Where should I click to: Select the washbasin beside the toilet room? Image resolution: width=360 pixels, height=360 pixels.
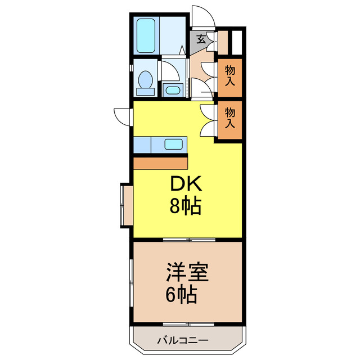(x=172, y=89)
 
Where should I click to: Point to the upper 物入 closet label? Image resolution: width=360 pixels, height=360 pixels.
(x=230, y=75)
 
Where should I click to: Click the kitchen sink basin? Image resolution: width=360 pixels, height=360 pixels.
(x=173, y=144)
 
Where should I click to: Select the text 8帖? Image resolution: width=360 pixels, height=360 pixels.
(x=185, y=207)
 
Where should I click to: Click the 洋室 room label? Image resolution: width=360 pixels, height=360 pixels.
(x=187, y=273)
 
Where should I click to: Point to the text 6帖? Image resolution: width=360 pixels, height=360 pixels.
(x=181, y=295)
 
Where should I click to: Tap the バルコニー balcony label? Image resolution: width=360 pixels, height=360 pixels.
(x=182, y=340)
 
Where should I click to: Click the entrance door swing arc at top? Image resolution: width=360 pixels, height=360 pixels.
(x=200, y=17)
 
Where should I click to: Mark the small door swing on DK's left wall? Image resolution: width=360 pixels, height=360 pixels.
(x=123, y=115)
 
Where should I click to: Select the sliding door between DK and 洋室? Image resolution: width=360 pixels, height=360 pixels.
(x=189, y=240)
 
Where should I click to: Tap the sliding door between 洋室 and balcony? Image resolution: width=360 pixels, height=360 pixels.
(x=189, y=324)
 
